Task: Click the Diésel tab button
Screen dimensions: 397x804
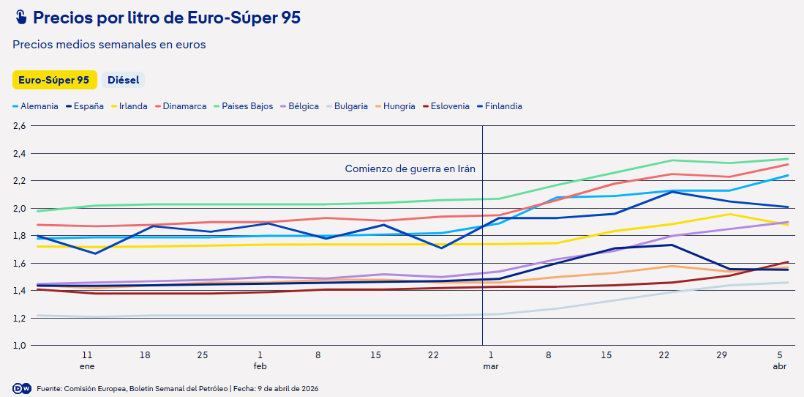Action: (123, 80)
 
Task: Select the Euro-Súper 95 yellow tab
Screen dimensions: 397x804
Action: (54, 80)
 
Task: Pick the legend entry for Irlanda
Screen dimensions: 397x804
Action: (132, 106)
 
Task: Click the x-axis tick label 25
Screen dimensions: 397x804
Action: (203, 355)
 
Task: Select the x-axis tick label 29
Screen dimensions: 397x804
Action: (721, 355)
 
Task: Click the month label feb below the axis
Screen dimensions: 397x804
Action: (260, 366)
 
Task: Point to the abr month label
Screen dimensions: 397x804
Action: (779, 366)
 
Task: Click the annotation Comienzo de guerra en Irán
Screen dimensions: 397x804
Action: (410, 168)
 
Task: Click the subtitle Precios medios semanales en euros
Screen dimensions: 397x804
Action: (109, 45)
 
